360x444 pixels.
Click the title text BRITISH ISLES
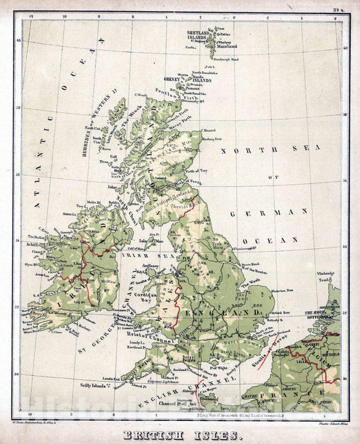point(180,435)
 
